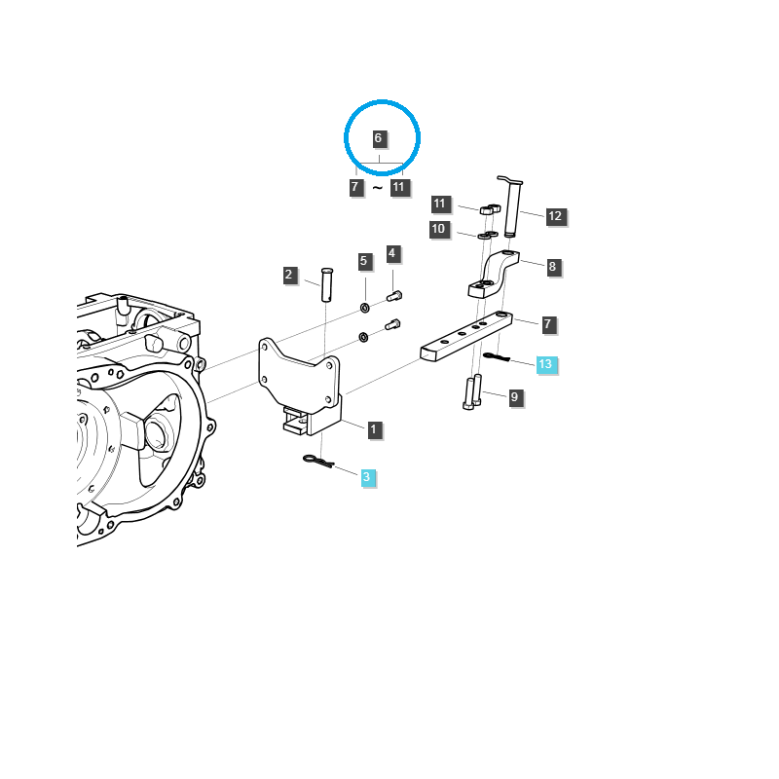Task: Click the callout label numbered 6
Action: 378,138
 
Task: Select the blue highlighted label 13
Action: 545,364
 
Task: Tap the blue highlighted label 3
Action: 367,477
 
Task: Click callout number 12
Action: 555,216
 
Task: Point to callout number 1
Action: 374,429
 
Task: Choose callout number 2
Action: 289,275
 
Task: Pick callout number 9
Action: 515,397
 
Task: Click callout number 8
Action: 553,267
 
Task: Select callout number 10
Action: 439,229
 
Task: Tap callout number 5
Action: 364,261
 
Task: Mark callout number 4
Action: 392,253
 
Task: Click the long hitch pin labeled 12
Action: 511,206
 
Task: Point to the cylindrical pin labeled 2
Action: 327,284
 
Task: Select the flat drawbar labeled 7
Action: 466,336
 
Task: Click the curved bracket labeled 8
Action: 494,275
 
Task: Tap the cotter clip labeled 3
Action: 318,462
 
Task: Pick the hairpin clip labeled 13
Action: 497,357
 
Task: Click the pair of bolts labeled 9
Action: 472,392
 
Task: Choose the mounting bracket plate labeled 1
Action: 300,387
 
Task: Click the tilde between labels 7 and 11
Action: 378,188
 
